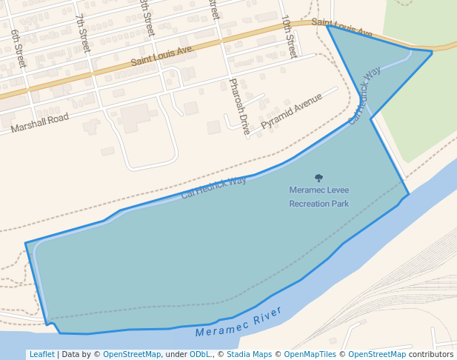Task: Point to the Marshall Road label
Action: pyautogui.click(x=39, y=123)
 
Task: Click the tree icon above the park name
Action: pyautogui.click(x=318, y=178)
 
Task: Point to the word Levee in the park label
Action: pyautogui.click(x=338, y=190)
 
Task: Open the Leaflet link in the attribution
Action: pyautogui.click(x=41, y=354)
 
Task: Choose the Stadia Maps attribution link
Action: pyautogui.click(x=249, y=354)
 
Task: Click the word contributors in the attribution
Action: pyautogui.click(x=431, y=354)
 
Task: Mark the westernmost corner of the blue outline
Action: pyautogui.click(x=25, y=243)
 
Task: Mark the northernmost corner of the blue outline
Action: pyautogui.click(x=327, y=26)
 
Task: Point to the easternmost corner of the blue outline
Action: pyautogui.click(x=432, y=52)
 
